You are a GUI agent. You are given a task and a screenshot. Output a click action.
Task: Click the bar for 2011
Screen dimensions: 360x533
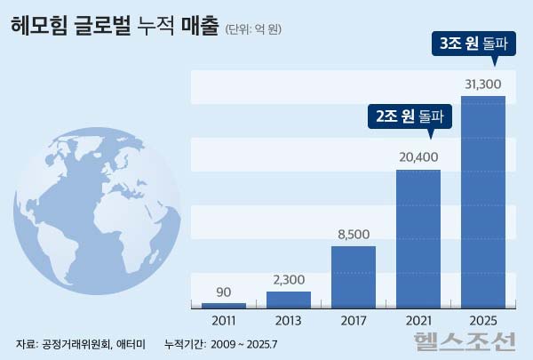coord(225,305)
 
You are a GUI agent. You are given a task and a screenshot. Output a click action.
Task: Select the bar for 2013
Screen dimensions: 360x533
coord(290,299)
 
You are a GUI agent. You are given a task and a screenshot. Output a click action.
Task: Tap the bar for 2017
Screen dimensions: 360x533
coord(354,276)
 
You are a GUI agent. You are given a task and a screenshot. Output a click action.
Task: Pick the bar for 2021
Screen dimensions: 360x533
coord(418,238)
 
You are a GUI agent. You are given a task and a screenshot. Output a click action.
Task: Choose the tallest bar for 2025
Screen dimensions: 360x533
coord(483,202)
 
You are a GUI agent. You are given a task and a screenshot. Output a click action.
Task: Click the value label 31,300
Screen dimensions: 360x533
coord(483,85)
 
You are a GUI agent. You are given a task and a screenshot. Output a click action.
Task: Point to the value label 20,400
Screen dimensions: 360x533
coord(418,158)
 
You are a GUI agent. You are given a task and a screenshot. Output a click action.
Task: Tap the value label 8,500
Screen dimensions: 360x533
coord(354,235)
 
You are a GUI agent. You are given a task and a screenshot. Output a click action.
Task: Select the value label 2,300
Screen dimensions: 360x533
coord(290,280)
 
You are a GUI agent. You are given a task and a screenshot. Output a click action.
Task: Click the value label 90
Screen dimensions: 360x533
coord(225,292)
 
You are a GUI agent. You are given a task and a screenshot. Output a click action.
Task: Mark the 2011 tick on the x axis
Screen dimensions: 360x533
coord(225,321)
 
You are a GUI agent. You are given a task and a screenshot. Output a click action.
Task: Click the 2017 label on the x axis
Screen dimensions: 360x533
coord(354,321)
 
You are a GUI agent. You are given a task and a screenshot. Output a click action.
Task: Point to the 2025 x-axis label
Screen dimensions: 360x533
coord(483,321)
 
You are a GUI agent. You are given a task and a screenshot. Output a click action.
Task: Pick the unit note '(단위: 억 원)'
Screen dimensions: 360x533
coord(254,29)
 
